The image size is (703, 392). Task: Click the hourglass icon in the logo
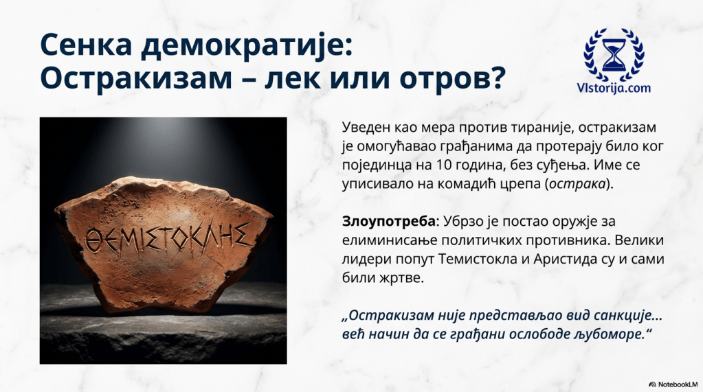pos(614,55)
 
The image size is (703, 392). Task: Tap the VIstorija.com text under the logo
pos(614,88)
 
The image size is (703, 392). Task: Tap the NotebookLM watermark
pos(673,384)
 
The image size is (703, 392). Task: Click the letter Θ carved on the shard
pos(93,240)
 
